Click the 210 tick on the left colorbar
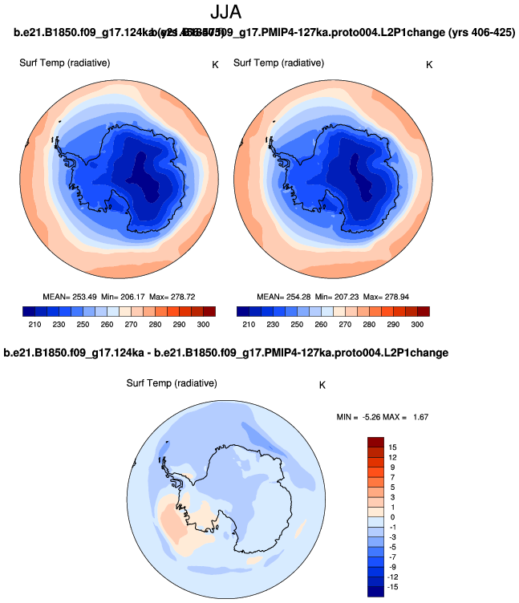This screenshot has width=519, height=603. click(x=34, y=324)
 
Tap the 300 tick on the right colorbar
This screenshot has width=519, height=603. click(x=417, y=324)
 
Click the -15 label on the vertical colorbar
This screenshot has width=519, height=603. click(x=394, y=588)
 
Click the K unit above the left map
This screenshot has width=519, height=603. click(x=215, y=64)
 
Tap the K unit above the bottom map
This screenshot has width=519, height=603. click(x=322, y=385)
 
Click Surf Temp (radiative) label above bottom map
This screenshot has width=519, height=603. click(x=172, y=383)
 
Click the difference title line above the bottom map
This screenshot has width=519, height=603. click(x=225, y=353)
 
